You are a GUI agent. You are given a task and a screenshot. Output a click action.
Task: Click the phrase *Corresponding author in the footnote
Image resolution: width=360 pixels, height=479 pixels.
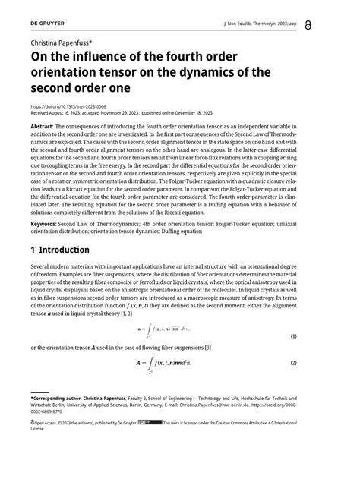point(60,397)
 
